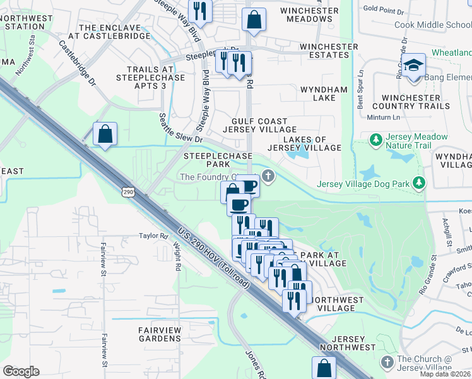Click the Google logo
21,371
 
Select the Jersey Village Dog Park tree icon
418,184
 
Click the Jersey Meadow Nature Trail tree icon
375,138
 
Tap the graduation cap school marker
414,66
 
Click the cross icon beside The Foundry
269,176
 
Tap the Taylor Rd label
154,236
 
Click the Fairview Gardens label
160,334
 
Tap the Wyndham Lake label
324,93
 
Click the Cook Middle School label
433,25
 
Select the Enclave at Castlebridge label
115,32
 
